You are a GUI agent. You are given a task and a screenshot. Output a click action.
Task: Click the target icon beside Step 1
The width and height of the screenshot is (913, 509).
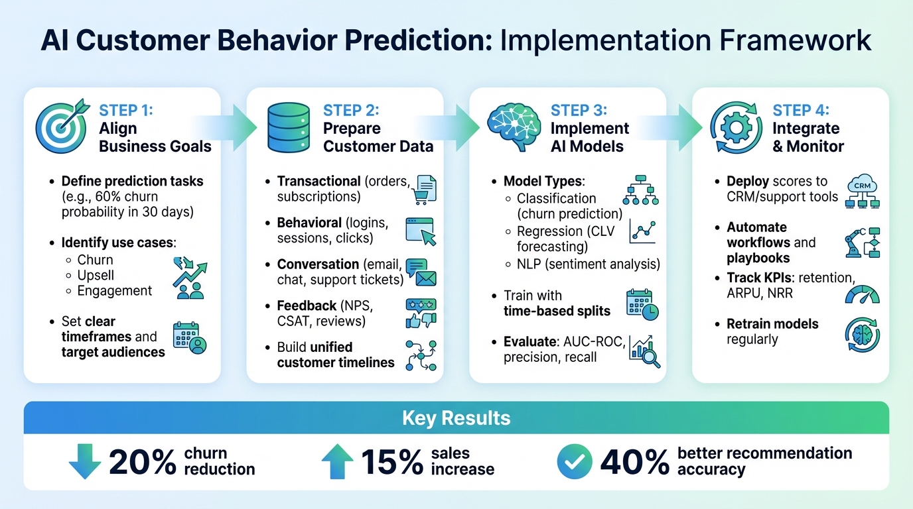tap(63, 126)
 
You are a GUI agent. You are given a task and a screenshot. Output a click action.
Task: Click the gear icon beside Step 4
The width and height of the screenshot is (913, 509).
tap(735, 127)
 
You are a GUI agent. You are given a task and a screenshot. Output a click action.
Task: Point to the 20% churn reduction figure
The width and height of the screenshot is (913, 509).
tap(142, 461)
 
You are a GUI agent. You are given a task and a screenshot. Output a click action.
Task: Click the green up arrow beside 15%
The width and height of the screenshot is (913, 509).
tap(337, 461)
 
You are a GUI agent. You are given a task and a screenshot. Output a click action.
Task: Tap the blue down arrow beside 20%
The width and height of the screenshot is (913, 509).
tap(85, 461)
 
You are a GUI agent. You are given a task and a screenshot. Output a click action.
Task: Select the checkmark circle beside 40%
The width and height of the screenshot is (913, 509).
tap(574, 461)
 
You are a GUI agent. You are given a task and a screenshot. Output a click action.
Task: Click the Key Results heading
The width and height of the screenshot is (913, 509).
tap(456, 418)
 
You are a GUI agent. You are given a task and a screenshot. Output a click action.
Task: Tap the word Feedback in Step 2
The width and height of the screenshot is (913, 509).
tap(307, 306)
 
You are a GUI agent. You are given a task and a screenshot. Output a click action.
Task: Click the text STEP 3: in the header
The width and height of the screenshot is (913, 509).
tap(579, 109)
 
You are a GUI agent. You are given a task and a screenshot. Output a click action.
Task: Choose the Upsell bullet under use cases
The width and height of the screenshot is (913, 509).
tap(96, 275)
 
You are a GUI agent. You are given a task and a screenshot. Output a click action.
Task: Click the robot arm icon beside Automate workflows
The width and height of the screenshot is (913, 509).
tap(862, 243)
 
